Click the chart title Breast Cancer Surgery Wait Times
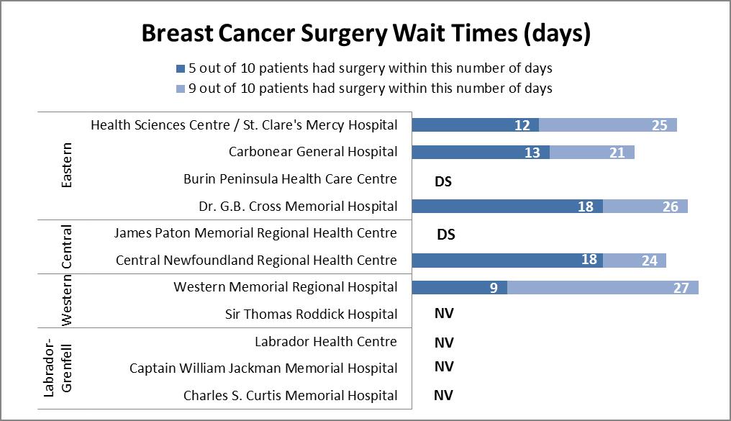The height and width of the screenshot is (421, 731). coord(365,34)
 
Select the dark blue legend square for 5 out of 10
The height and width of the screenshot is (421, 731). coord(180,69)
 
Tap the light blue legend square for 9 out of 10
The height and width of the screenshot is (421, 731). coord(180,89)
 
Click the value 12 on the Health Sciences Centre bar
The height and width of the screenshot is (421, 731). coord(522,125)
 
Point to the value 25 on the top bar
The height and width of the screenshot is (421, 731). coord(659,125)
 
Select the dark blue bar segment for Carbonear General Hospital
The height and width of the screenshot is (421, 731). coord(480,152)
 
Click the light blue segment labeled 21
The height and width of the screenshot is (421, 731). coord(592,152)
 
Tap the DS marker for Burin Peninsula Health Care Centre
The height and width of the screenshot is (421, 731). coord(443,181)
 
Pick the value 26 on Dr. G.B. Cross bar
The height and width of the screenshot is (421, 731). coord(670,207)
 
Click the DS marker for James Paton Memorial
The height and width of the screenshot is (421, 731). coord(446,234)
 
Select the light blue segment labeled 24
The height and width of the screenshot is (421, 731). coord(635,260)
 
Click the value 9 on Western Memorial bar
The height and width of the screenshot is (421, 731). coord(494,287)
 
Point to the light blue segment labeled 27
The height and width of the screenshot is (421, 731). coord(603,287)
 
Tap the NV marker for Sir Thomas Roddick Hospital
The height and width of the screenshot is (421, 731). coord(444,314)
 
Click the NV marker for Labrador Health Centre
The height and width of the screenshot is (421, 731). coord(444,343)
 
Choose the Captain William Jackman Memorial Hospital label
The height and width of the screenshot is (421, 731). coord(263,368)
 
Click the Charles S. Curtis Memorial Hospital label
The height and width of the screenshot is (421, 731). coord(290,395)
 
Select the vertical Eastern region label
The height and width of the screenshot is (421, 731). coord(66,166)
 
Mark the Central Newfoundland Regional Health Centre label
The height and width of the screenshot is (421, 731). coord(256,260)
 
